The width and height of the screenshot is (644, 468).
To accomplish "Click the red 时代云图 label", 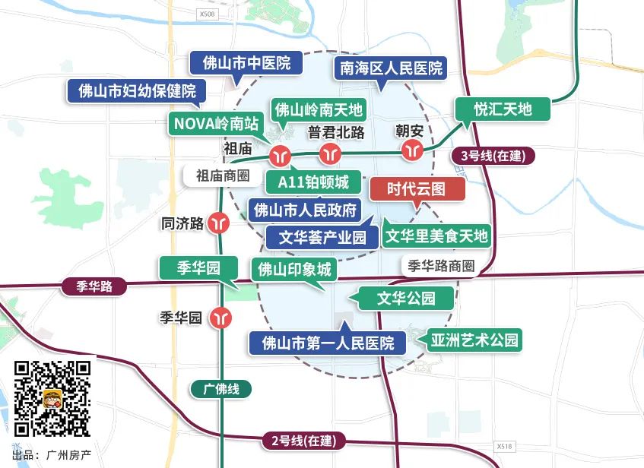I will coord(416,189).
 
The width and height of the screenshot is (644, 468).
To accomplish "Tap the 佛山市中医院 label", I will coord(246,63).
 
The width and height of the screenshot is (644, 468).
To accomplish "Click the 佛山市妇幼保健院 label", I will coord(137,92).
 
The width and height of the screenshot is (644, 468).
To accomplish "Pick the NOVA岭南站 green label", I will coord(217,122).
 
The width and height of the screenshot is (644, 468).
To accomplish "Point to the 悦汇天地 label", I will coord(503,109).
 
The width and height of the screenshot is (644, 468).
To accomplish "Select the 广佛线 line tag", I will coord(221,389).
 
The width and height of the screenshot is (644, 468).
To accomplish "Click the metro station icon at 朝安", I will coord(413,150).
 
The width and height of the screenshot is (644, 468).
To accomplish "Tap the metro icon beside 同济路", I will coord(220,223).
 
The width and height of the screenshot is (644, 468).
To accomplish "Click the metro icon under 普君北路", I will coord(330,153).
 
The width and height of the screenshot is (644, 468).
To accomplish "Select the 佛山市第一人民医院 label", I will coord(328,343).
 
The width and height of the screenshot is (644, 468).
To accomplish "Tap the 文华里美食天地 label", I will coord(436,236).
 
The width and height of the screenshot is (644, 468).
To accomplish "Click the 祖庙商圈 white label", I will coord(223,175).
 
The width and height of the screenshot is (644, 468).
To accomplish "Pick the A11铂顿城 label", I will coord(313,182).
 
